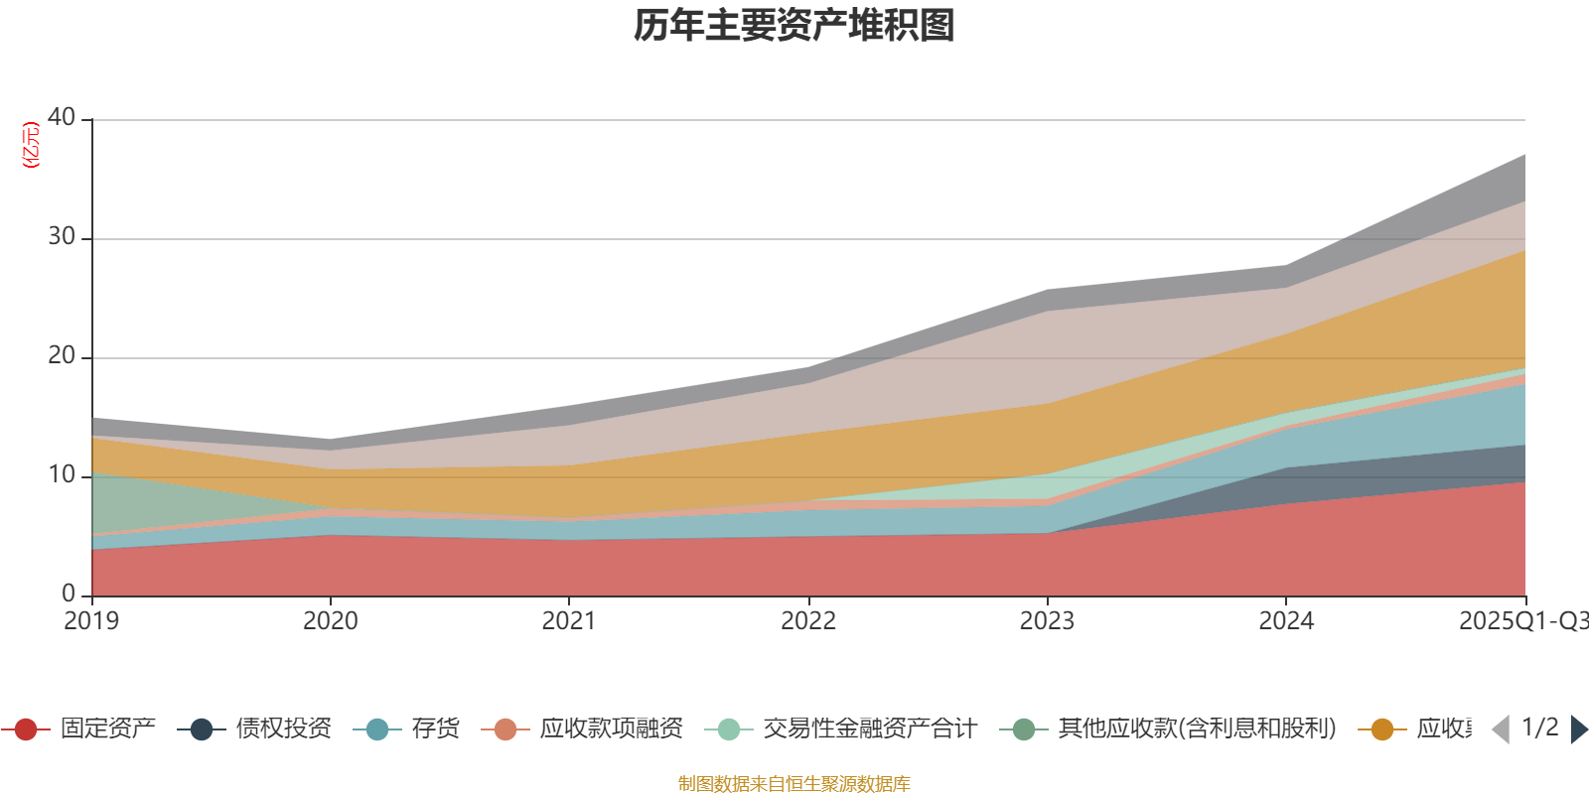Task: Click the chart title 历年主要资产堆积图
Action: (x=794, y=26)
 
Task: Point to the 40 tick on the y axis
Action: (x=62, y=117)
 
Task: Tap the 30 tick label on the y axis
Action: (x=62, y=236)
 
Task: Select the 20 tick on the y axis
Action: (x=62, y=355)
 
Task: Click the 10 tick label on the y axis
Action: (x=62, y=474)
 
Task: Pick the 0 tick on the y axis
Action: (x=69, y=594)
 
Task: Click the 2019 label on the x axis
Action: (x=91, y=621)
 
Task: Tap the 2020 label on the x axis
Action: (x=330, y=621)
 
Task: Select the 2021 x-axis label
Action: (x=568, y=621)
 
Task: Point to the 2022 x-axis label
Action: (x=808, y=621)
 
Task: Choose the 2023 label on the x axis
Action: (x=1047, y=621)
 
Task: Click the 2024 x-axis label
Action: (x=1286, y=621)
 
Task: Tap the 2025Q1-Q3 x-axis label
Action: (x=1521, y=621)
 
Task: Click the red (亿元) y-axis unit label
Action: (x=31, y=145)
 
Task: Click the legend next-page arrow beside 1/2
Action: (x=1578, y=729)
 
